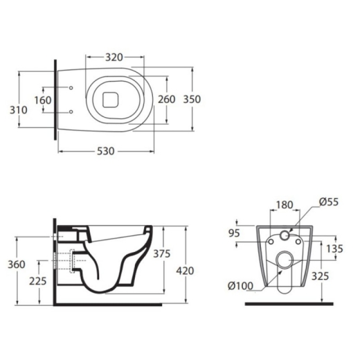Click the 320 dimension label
tap(114, 57)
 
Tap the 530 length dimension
tap(105, 151)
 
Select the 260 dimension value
tap(167, 99)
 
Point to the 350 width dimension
tap(192, 99)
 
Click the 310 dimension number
tap(19, 110)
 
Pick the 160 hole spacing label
tap(43, 100)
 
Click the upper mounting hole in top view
tap(71, 88)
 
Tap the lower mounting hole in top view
tap(71, 112)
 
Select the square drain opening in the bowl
tap(110, 100)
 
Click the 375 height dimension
tap(162, 253)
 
